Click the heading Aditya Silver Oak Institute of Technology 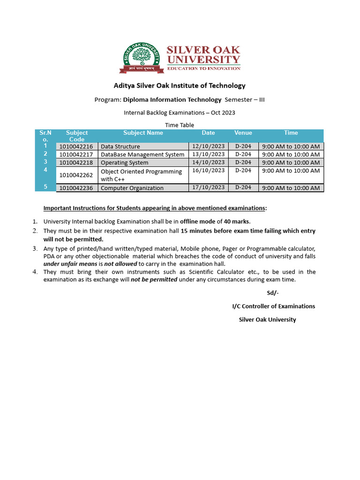180,85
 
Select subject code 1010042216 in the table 76,146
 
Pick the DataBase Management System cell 142,155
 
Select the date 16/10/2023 208,171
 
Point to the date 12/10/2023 208,146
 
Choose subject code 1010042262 76,175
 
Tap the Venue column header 243,133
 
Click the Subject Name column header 143,133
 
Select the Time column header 291,133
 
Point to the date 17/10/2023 208,187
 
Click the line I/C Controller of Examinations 274,306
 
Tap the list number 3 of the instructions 35,248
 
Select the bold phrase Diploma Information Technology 172,99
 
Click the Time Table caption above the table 180,125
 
